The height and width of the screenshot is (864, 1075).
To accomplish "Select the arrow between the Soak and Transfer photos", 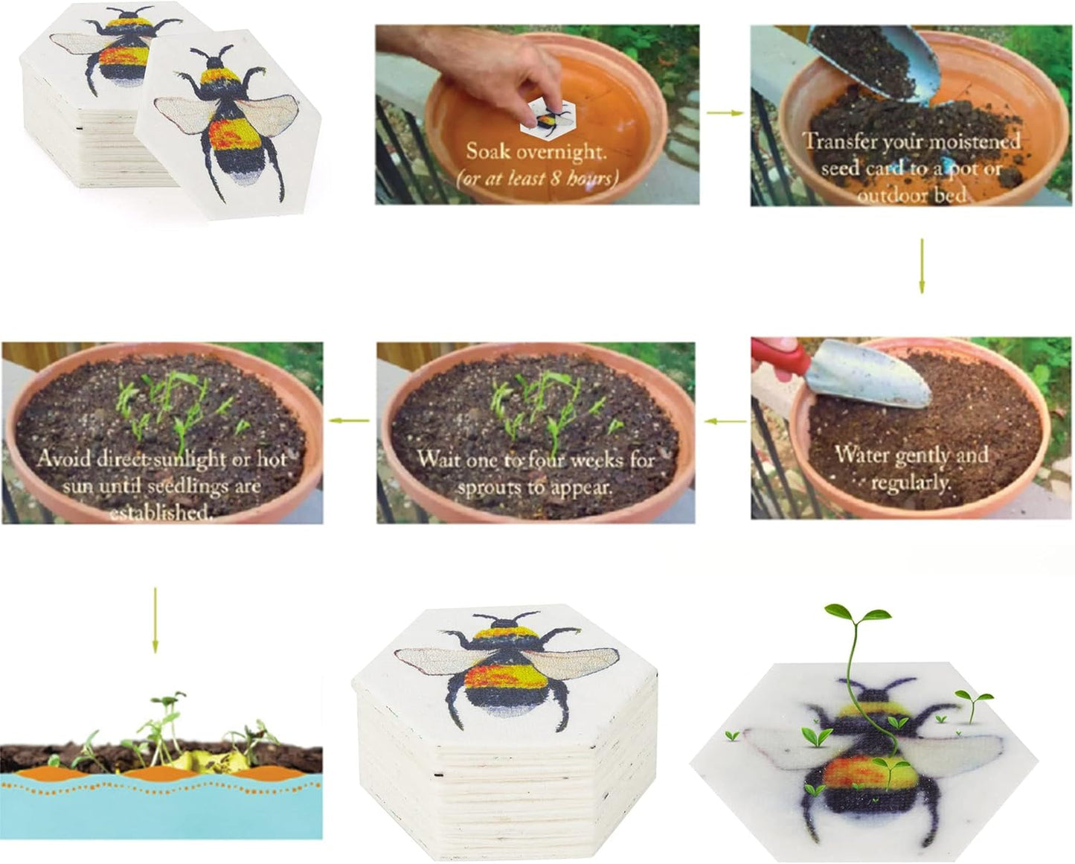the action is (x=725, y=113).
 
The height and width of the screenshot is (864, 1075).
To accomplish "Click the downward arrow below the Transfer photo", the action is (x=922, y=266).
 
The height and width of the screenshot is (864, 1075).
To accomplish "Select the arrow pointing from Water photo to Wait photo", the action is (x=725, y=421).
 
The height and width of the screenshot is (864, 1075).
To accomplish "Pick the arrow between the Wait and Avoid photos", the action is (x=349, y=420).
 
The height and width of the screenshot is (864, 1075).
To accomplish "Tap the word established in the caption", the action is (x=159, y=513).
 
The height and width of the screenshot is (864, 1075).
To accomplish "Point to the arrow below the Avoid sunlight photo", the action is (x=155, y=620).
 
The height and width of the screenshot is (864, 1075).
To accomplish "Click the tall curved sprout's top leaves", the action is (x=857, y=613).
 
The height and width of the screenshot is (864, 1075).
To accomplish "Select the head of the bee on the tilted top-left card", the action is (x=216, y=63).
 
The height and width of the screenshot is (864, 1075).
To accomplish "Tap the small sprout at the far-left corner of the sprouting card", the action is (x=732, y=735).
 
